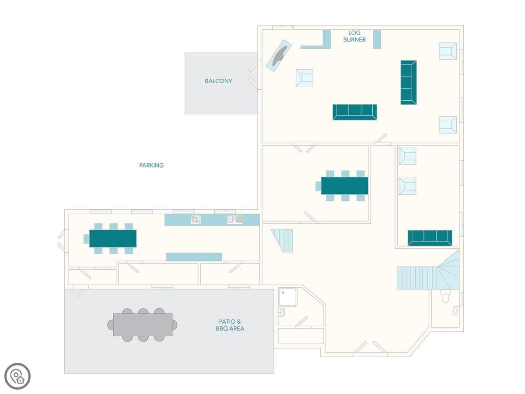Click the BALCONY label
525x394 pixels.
[218, 81]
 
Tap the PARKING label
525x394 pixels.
[151, 165]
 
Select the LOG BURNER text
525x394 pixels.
[354, 36]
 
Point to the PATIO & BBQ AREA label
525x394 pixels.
[230, 325]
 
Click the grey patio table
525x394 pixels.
[143, 325]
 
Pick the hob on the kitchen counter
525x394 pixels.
[196, 219]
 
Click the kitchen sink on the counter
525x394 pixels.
[234, 219]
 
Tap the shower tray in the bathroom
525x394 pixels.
[287, 297]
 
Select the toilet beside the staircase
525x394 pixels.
[445, 296]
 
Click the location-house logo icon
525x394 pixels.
[17, 376]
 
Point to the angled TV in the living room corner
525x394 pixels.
[279, 56]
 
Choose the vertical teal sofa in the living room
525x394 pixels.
[409, 83]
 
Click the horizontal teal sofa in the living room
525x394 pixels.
[355, 112]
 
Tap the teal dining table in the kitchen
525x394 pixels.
[113, 239]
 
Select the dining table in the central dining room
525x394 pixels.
[344, 186]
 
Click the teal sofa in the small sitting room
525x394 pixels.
[430, 238]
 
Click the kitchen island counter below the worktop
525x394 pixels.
[194, 257]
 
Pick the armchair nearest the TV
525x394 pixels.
[304, 78]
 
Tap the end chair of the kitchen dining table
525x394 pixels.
[86, 239]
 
